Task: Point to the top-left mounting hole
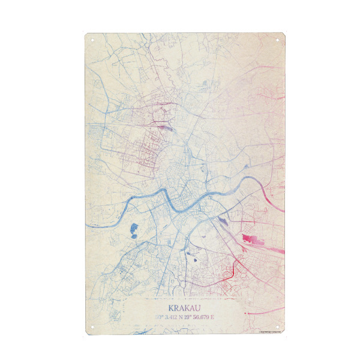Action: [x=92, y=40]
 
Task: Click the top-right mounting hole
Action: [x=279, y=40]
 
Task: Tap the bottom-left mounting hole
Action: [x=92, y=326]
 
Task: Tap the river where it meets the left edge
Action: [x=88, y=226]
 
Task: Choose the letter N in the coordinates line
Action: [x=180, y=316]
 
